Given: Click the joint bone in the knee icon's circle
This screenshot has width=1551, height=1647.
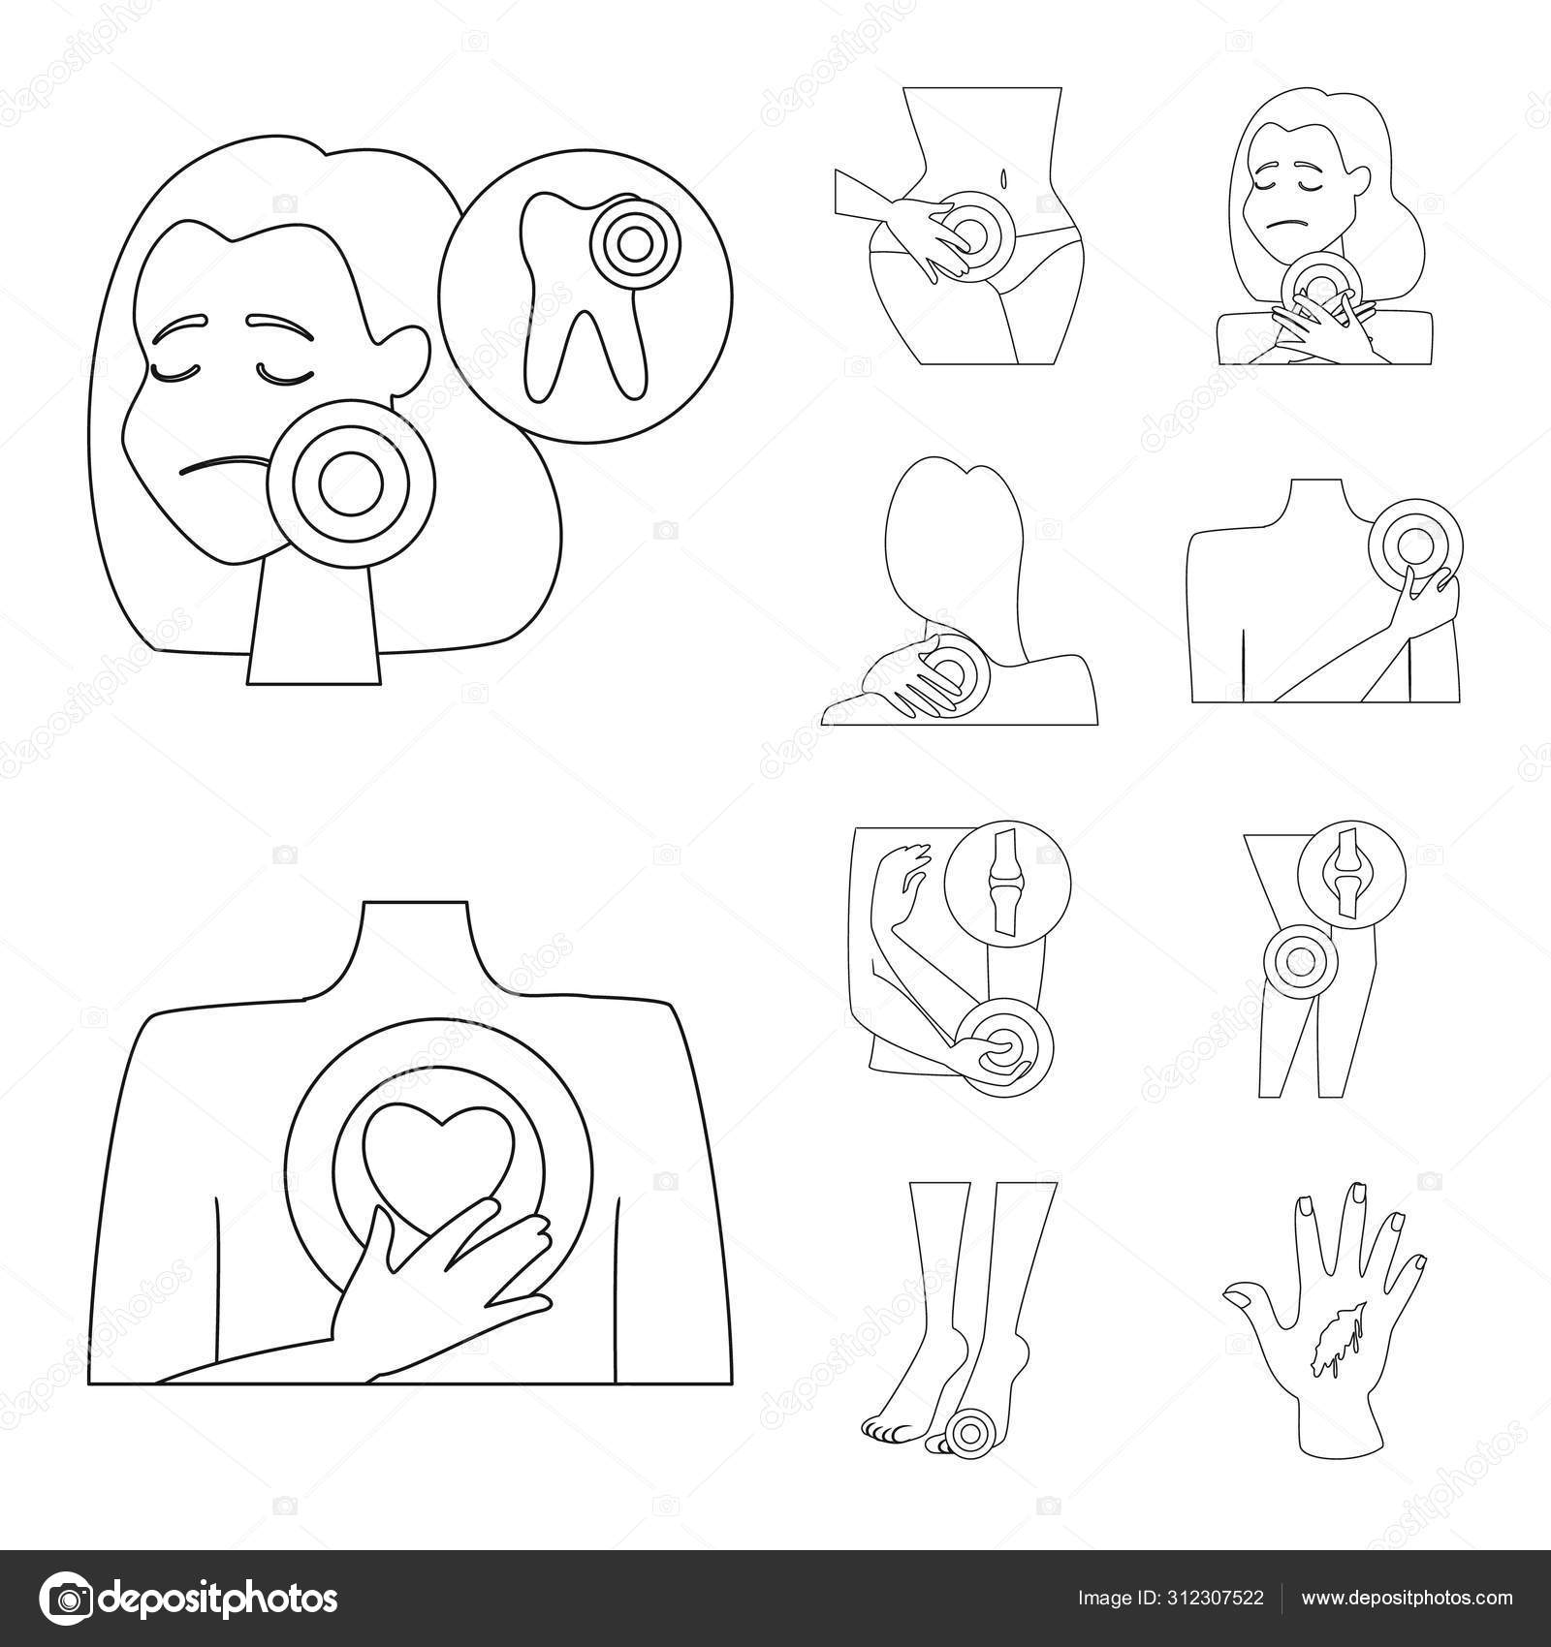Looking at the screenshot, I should (x=1342, y=873).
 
